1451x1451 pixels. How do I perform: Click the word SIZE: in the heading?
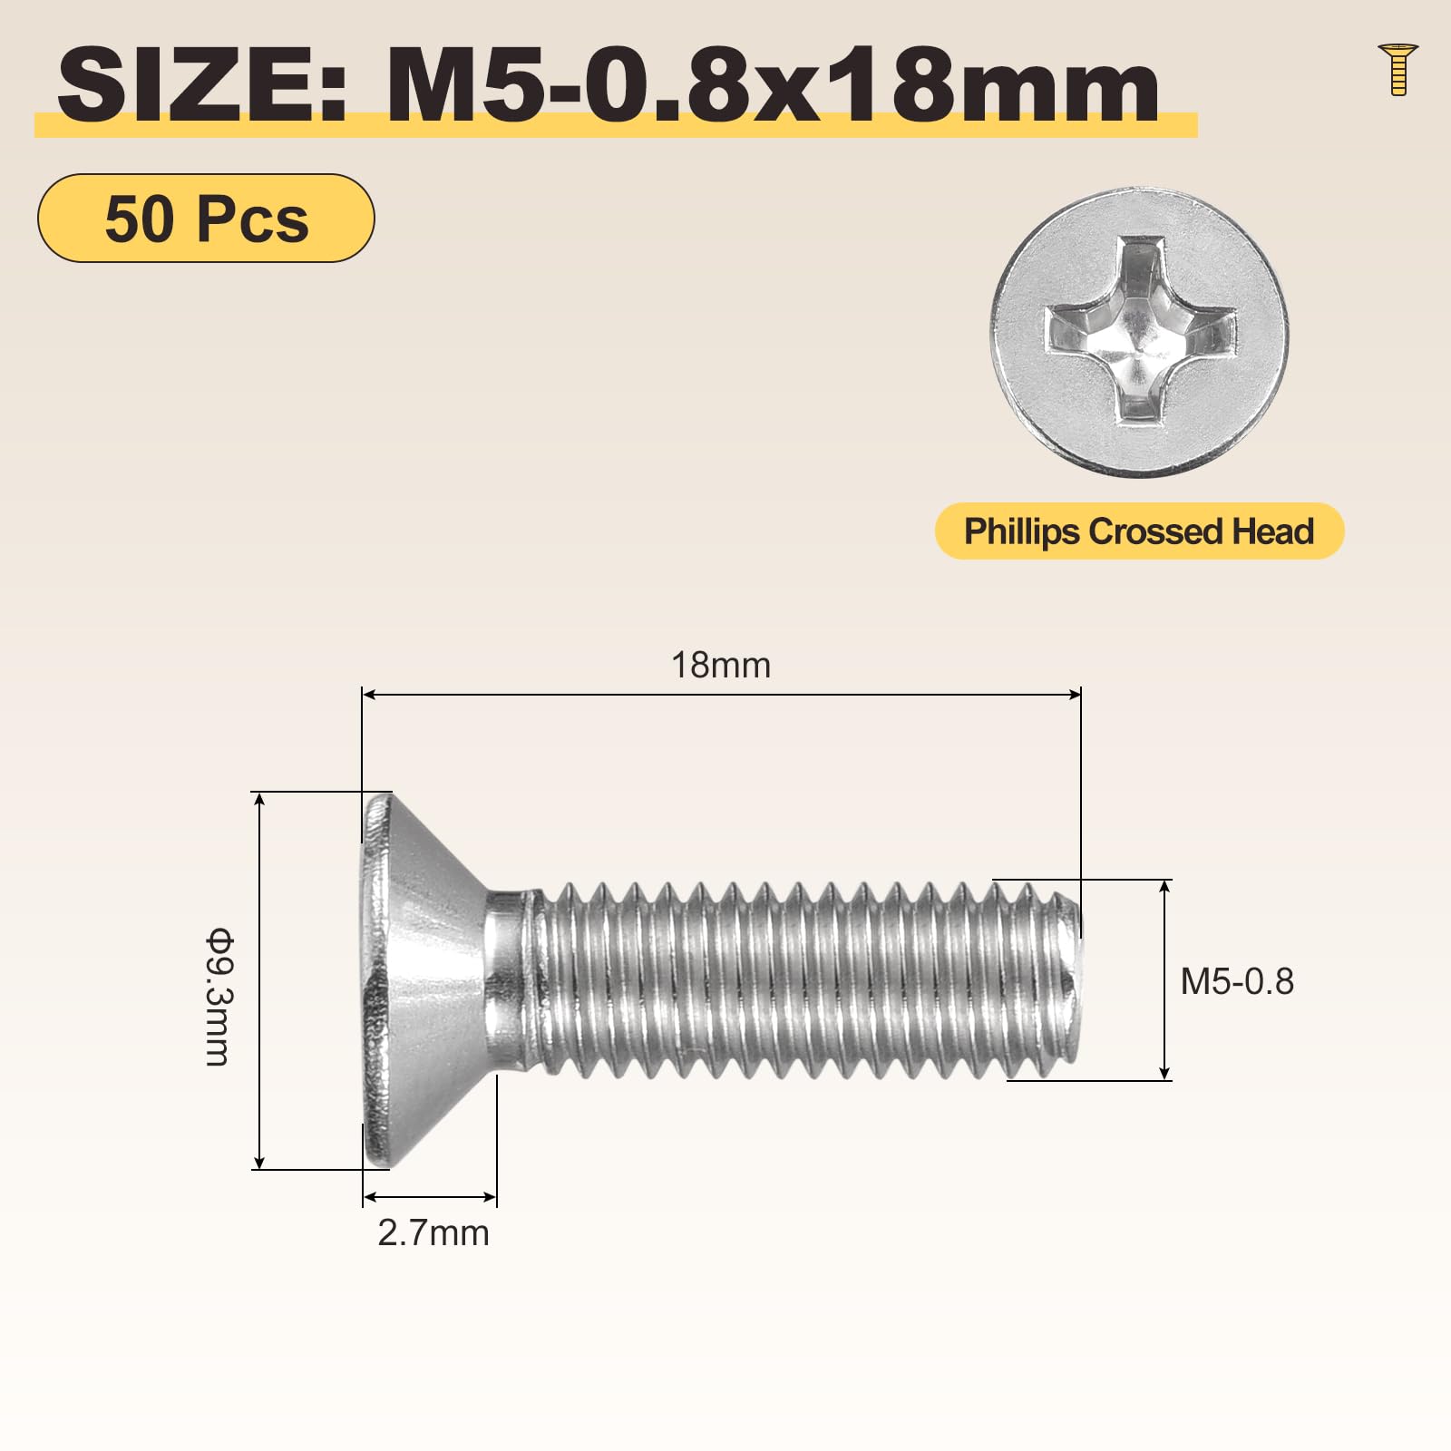click(202, 85)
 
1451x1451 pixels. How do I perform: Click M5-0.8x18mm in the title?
click(773, 85)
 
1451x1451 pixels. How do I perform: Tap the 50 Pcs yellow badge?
click(206, 219)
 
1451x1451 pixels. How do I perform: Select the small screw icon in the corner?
click(1397, 68)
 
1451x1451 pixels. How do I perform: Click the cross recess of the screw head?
click(1140, 330)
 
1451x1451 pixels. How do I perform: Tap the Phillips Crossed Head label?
click(1139, 531)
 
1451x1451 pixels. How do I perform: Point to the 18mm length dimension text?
click(721, 665)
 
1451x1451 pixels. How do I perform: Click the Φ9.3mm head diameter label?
click(219, 996)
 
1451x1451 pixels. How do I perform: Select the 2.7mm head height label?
click(433, 1233)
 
